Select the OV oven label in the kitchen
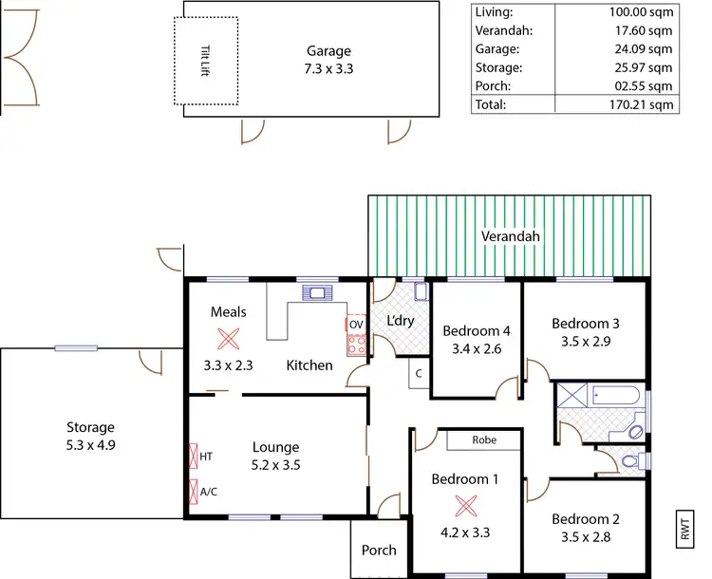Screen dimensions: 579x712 click(356, 325)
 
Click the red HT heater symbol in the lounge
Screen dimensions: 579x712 click(194, 457)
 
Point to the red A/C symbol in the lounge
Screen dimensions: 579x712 click(194, 492)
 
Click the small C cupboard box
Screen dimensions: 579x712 click(418, 374)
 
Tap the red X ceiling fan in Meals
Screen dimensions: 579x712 click(228, 339)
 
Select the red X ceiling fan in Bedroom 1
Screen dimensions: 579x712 click(464, 505)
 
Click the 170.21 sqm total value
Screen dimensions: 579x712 click(641, 104)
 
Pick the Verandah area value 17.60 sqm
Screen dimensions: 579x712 click(641, 30)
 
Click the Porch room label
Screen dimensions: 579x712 click(379, 550)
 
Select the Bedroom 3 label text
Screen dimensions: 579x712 click(586, 324)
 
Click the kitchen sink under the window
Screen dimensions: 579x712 click(313, 292)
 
